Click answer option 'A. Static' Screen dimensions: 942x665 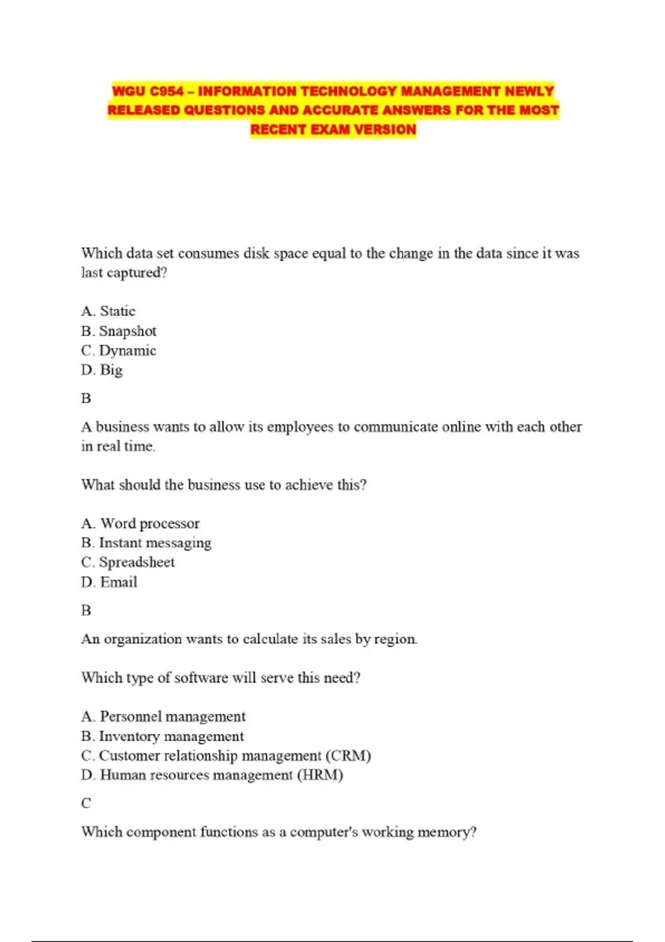click(108, 311)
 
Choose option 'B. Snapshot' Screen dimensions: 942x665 click(119, 331)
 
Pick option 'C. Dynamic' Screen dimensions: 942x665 click(119, 351)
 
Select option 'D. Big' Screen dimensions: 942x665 click(102, 370)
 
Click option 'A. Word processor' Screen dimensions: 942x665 click(140, 524)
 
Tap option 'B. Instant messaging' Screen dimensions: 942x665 click(146, 543)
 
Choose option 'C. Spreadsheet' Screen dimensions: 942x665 click(128, 562)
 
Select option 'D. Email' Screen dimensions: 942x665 click(109, 582)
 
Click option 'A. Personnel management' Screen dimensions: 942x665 click(163, 717)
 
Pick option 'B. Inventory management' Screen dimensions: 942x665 click(162, 736)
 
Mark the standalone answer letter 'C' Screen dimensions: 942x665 click(86, 803)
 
